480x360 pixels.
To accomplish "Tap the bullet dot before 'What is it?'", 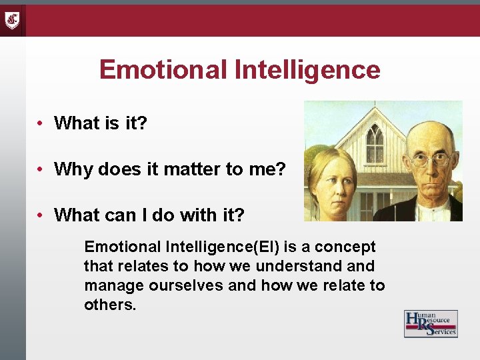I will [41, 123].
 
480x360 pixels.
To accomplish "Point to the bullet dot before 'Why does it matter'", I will [41, 169].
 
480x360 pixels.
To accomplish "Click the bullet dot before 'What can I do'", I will [41, 215].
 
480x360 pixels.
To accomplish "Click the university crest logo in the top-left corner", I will [13, 20].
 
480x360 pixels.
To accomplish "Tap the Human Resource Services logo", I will [431, 323].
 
